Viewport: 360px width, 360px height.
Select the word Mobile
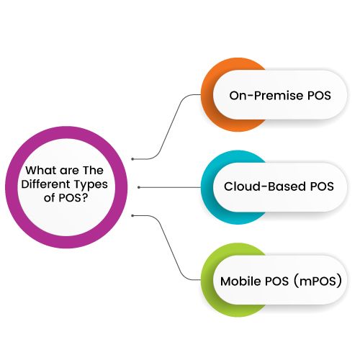tap(240, 281)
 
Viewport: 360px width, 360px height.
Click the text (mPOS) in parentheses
tap(318, 281)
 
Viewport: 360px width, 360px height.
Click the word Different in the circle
tap(45, 184)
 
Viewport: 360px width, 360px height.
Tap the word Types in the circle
tap(91, 185)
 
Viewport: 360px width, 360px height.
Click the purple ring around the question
tap(12, 187)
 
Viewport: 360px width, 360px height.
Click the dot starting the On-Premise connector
tap(132, 159)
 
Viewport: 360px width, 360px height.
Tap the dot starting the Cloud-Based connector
tap(139, 187)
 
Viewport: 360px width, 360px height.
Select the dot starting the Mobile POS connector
tap(132, 216)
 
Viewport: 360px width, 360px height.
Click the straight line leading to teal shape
tap(170, 187)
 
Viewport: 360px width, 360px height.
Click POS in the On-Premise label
tap(319, 96)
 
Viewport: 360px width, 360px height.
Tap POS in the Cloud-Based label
tap(322, 186)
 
